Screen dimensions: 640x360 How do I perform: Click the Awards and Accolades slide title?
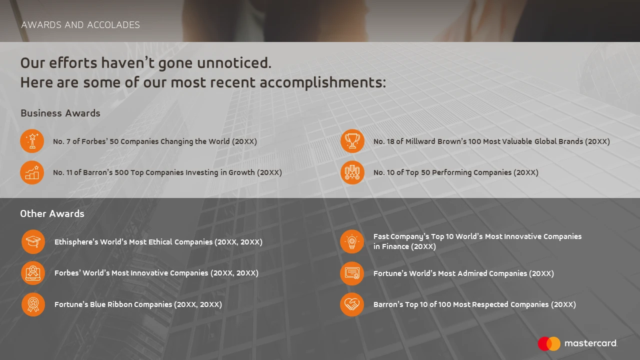[80, 25]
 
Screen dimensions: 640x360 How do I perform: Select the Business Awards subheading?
[60, 113]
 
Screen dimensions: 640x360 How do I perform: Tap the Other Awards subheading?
[52, 213]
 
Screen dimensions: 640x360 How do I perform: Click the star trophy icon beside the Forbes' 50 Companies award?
[32, 141]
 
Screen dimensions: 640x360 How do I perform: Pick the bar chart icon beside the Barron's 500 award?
[32, 172]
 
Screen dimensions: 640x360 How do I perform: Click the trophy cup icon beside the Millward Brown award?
[352, 141]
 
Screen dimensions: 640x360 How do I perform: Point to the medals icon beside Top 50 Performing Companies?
[352, 172]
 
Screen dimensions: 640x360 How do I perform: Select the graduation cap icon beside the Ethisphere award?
[33, 241]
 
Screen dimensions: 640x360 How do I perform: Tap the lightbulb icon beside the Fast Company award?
[352, 241]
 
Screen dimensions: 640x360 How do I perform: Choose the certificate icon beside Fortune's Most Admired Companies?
[352, 273]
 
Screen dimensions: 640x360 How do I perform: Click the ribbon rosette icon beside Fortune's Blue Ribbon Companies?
[33, 304]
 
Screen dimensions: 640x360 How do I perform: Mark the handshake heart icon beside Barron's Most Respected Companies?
[352, 304]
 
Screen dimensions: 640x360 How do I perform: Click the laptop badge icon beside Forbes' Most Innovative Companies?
[33, 273]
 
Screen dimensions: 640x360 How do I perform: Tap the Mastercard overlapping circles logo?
[549, 343]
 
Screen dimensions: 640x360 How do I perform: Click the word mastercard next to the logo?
[591, 343]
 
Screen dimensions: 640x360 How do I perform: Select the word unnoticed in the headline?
[234, 63]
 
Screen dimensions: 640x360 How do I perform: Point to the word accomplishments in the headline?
[323, 83]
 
